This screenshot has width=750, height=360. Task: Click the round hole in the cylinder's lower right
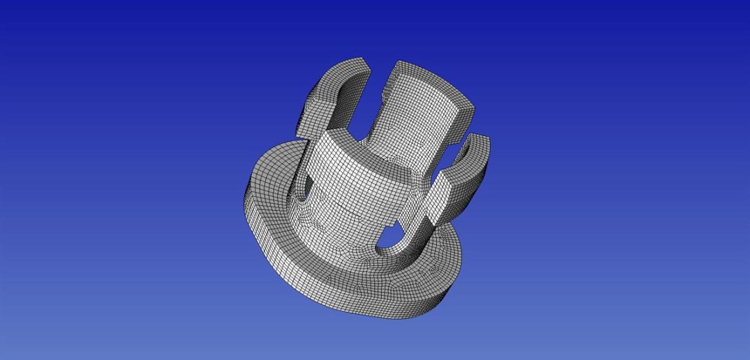pyautogui.click(x=389, y=239)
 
